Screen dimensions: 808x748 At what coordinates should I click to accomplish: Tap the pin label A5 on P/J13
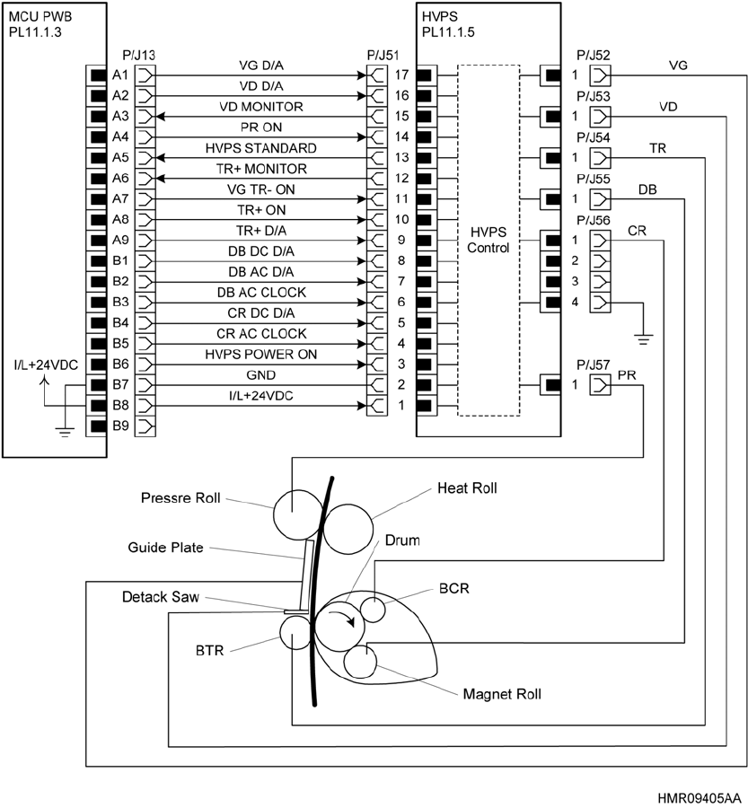121,157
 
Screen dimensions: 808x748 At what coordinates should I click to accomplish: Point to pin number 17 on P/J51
402,75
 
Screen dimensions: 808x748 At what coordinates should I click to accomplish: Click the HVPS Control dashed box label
488,240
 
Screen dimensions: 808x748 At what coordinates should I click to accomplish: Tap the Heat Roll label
467,488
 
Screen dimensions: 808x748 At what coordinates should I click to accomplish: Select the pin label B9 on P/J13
121,426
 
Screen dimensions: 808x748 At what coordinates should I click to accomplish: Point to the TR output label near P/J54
657,147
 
